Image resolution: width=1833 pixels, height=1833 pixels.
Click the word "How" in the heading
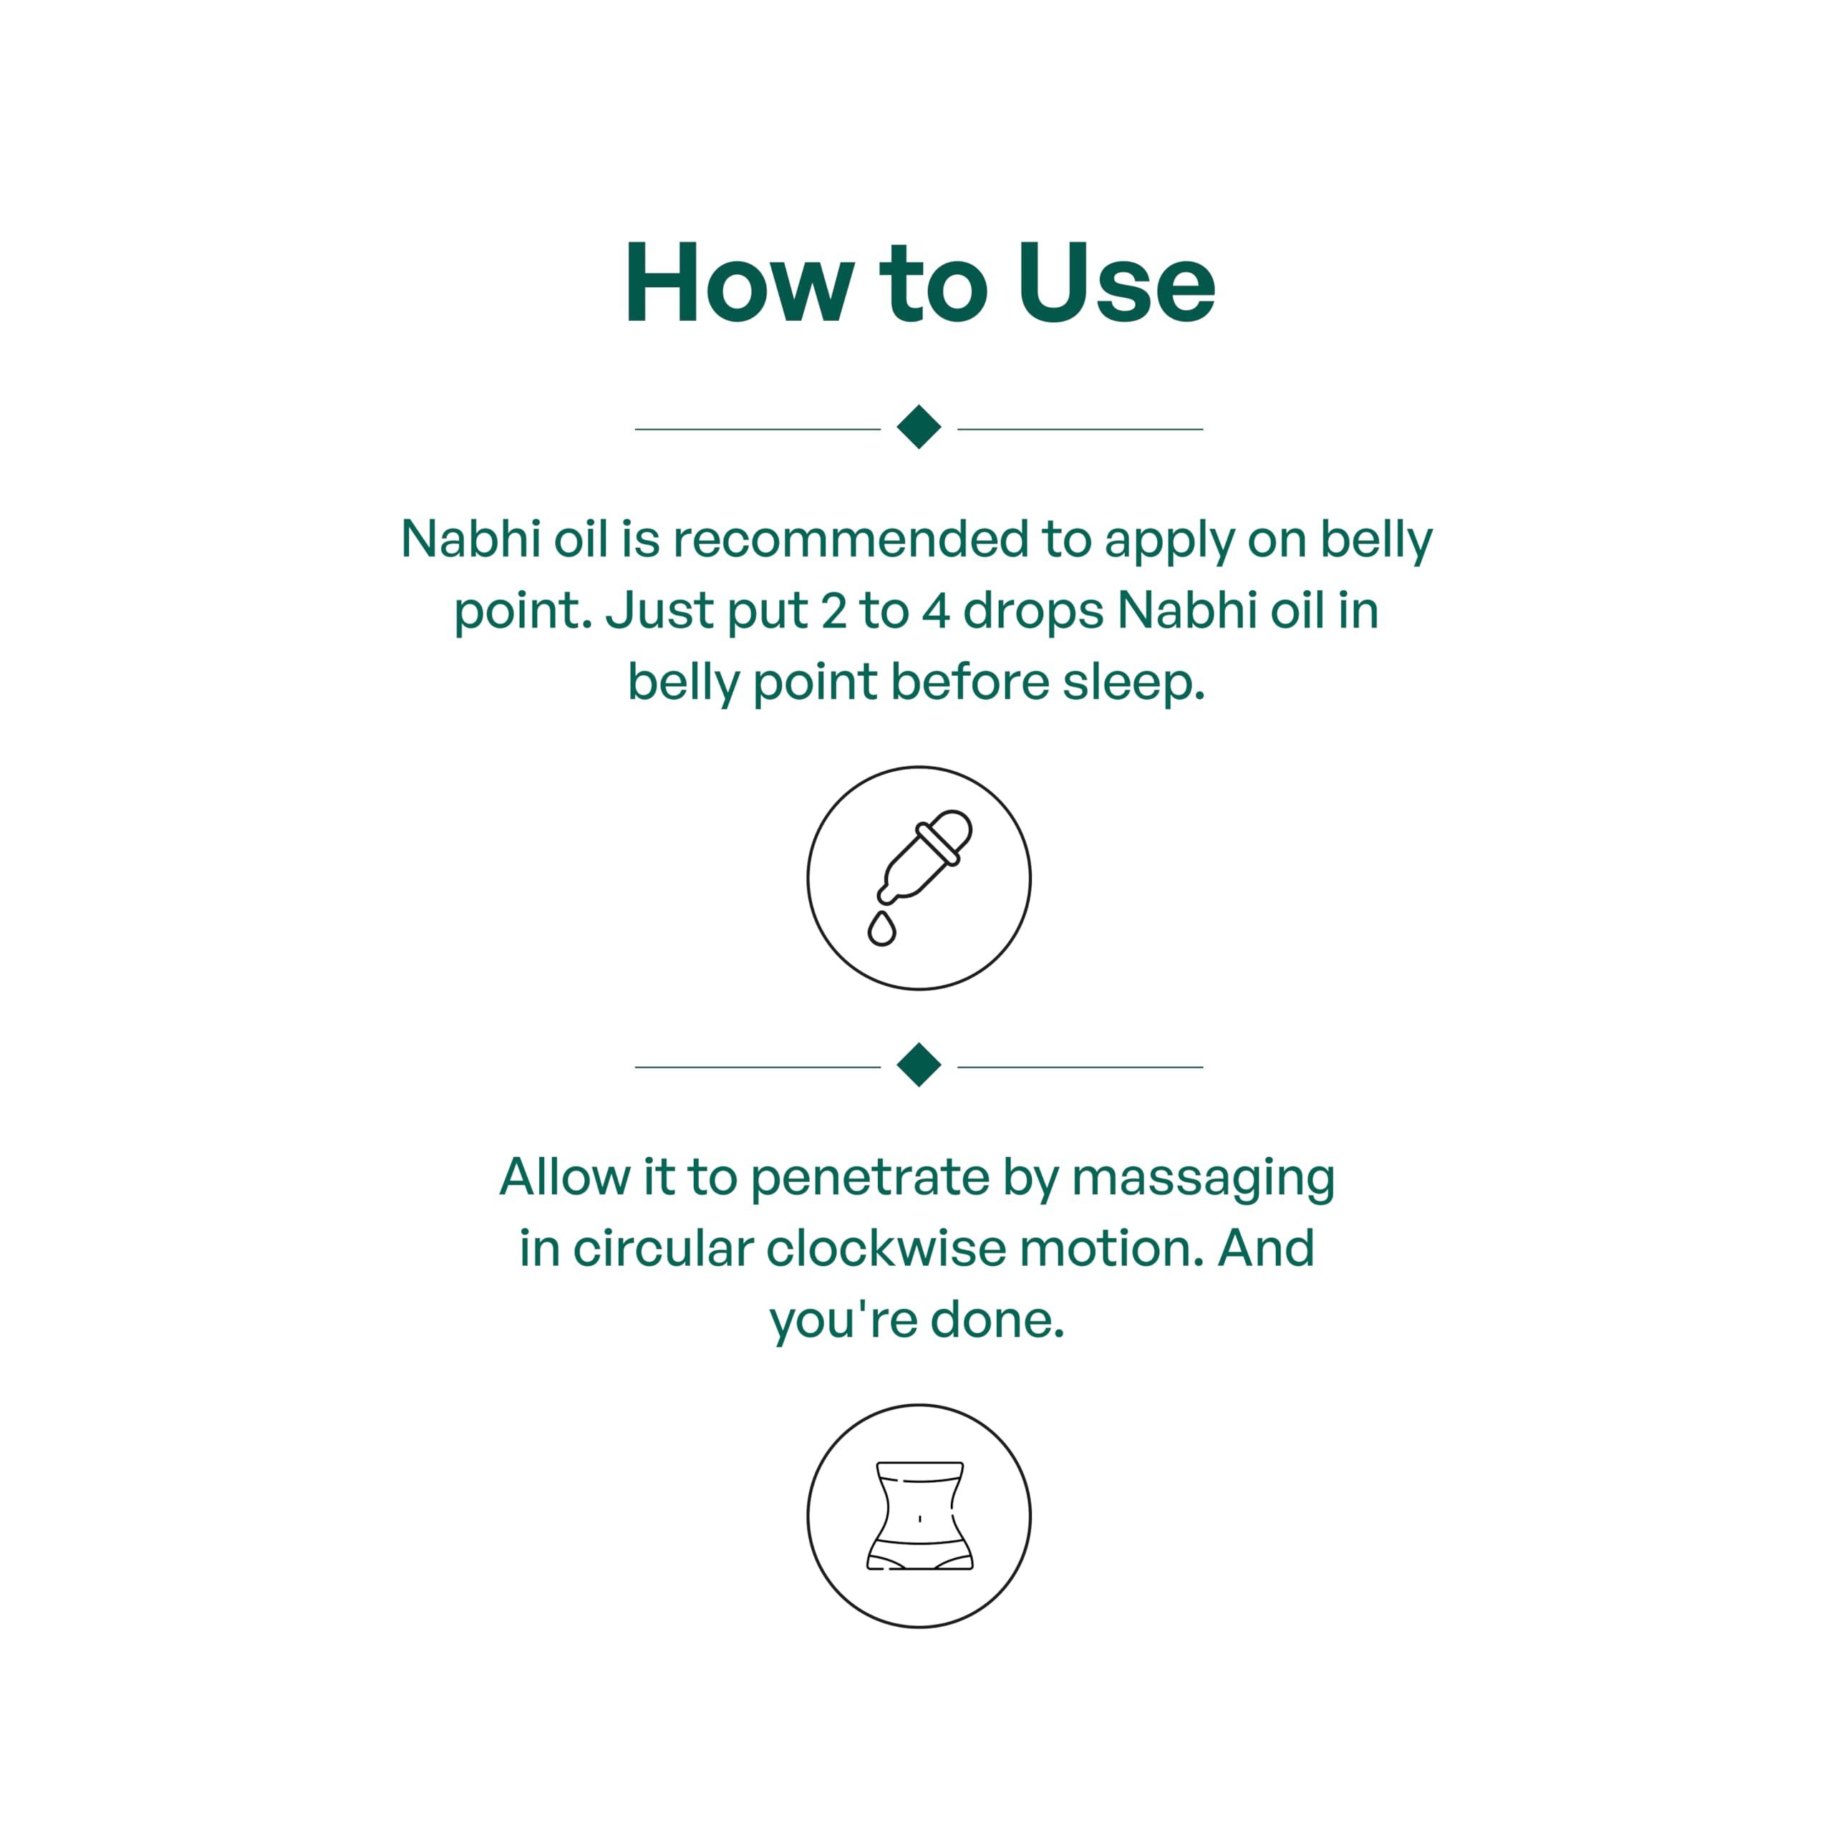(x=739, y=283)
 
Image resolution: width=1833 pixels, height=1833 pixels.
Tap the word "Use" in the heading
(x=1116, y=283)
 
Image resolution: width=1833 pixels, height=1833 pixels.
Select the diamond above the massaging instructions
(x=919, y=1065)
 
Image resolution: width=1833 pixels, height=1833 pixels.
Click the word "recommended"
(x=851, y=539)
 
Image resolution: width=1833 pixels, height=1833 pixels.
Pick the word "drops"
(x=1033, y=613)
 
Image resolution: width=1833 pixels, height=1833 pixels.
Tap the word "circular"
(x=663, y=1249)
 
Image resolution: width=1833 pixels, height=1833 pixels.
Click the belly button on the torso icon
(x=919, y=1519)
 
